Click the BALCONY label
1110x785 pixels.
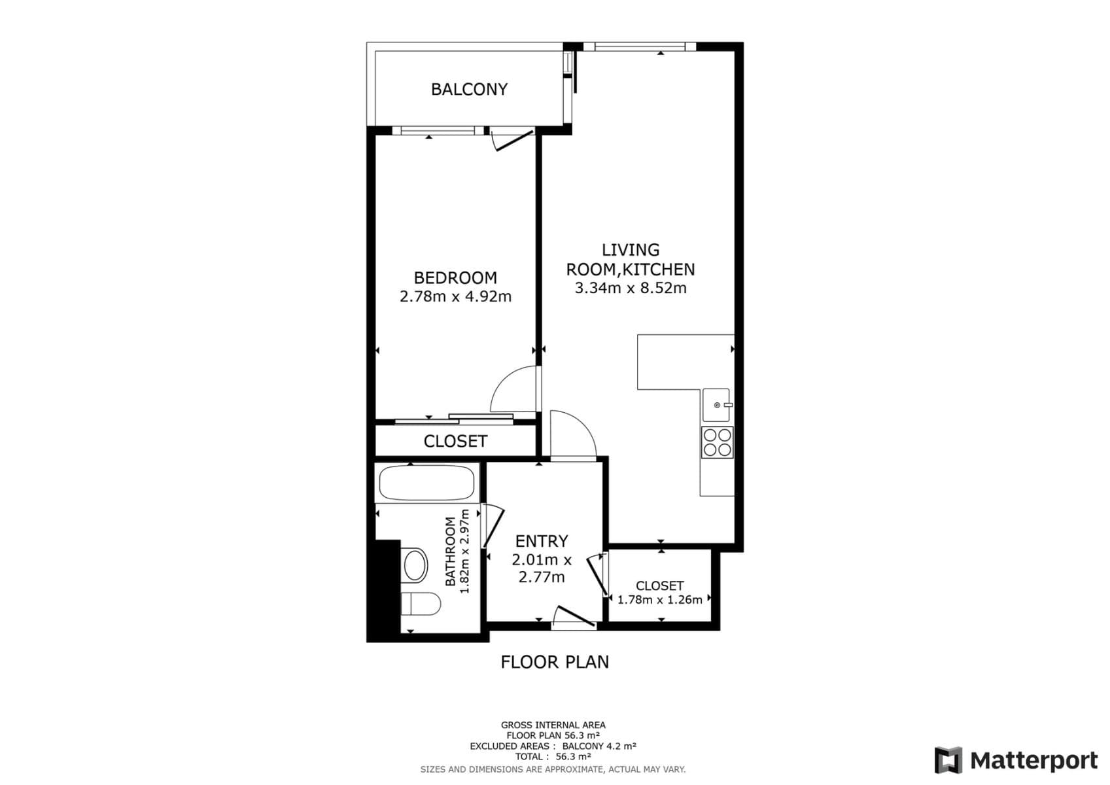469,89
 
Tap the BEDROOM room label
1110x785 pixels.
455,277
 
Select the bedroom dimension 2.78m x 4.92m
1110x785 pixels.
455,297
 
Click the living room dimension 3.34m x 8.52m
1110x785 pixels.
631,288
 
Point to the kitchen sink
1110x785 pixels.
717,405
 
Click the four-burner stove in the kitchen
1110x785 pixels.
717,442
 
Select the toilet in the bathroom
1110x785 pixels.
421,604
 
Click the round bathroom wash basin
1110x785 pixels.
415,565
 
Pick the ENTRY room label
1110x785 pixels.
542,541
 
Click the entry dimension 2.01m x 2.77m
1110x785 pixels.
542,568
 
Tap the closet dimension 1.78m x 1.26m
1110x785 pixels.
659,600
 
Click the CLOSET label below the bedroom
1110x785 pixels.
455,442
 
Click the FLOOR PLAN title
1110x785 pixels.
555,662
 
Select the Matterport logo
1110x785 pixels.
1016,760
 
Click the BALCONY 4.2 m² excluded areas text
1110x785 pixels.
598,746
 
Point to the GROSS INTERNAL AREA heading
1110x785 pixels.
553,725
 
